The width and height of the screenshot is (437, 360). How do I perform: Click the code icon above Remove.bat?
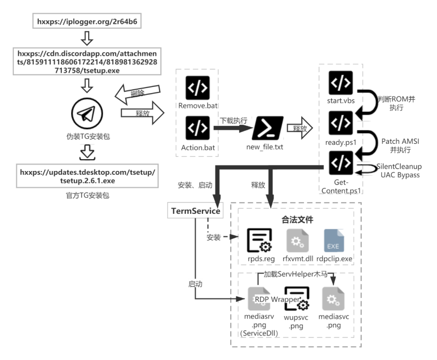point(198,87)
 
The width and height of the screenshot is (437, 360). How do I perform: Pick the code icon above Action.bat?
point(198,128)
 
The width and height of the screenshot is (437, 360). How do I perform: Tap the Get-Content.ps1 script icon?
point(341,163)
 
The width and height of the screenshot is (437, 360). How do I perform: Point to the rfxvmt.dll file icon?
point(297,241)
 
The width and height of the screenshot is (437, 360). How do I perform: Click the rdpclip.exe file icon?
point(334,241)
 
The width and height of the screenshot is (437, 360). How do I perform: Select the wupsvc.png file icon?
point(297,299)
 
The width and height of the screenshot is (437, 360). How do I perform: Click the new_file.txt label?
point(265,147)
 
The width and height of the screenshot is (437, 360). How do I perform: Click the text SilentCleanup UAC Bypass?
point(399,171)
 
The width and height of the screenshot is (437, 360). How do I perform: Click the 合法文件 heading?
point(297,219)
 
